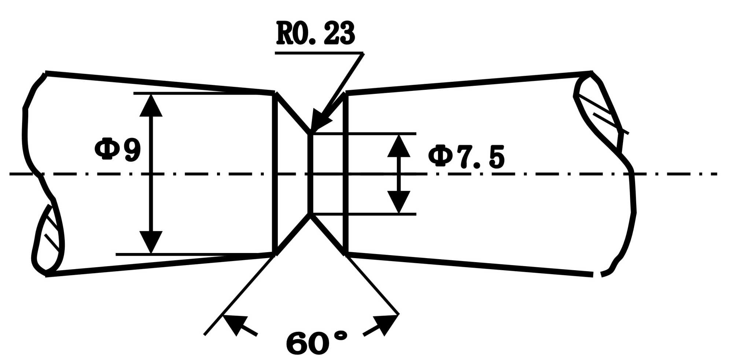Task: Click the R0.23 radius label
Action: [x=316, y=33]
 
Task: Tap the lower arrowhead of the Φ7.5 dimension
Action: [x=399, y=202]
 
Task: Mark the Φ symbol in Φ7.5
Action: [x=441, y=156]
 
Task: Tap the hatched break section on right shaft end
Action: [x=597, y=110]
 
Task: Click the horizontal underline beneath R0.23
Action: [x=319, y=53]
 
